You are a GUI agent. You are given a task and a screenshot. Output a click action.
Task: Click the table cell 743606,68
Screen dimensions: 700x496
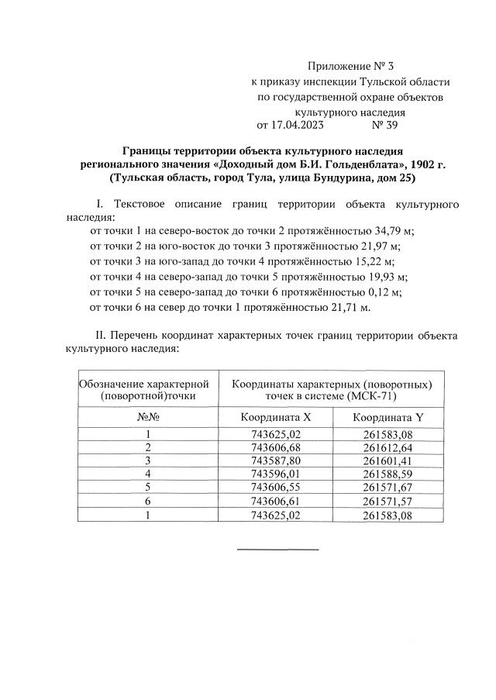pos(276,448)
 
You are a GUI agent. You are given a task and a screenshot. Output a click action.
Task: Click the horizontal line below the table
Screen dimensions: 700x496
pos(277,550)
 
